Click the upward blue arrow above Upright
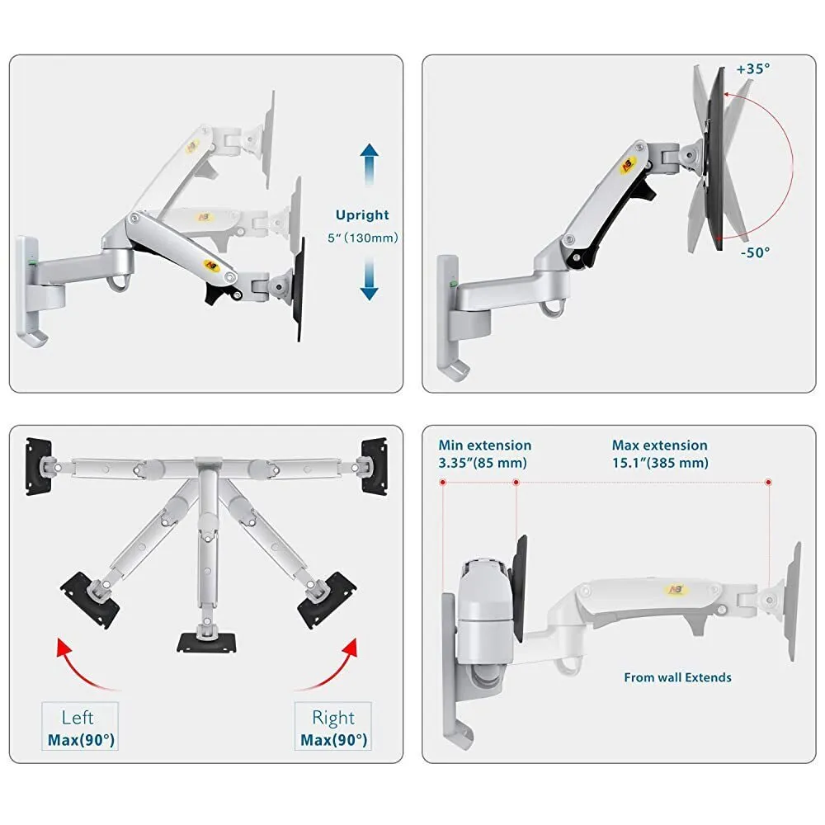tap(370, 165)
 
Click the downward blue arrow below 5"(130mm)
tap(370, 279)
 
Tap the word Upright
tap(362, 215)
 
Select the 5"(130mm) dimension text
tap(362, 238)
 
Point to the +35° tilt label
tap(753, 69)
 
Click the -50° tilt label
tap(755, 252)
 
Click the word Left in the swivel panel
tap(78, 718)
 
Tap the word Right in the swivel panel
tap(333, 719)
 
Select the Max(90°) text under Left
tap(81, 740)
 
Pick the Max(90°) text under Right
tap(333, 740)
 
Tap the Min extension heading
tap(484, 445)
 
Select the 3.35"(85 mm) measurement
tap(483, 463)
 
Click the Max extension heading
tap(659, 445)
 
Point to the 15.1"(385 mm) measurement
tap(660, 463)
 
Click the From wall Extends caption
tap(677, 677)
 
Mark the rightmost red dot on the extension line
tap(768, 482)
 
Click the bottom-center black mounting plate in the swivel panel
tap(207, 643)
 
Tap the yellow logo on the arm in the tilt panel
tap(628, 165)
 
